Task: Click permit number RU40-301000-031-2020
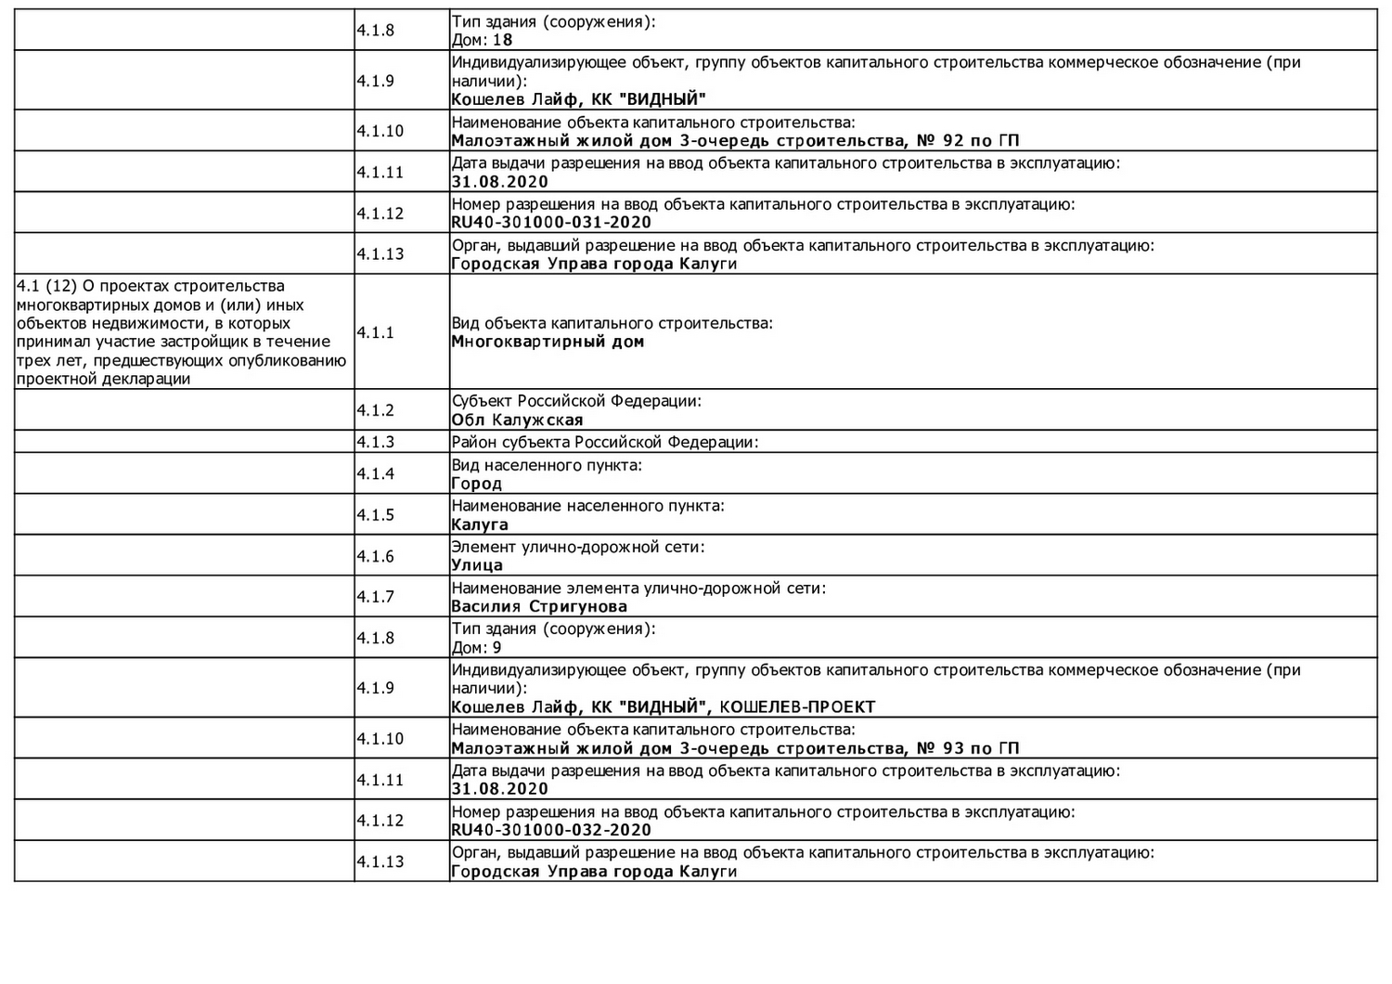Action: tap(551, 223)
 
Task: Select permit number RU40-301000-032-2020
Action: tap(551, 830)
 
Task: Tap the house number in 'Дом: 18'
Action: tap(502, 40)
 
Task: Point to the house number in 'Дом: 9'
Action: tap(497, 648)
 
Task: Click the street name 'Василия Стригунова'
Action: tap(539, 607)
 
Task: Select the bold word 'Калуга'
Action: tap(480, 524)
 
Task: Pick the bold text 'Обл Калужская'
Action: tap(517, 420)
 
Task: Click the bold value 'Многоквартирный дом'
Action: tap(548, 342)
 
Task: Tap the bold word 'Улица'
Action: tap(477, 565)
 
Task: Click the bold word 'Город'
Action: tap(477, 484)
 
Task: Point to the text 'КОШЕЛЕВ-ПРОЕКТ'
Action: tap(797, 707)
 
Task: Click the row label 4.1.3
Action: tap(375, 442)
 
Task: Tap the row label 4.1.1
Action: tap(375, 332)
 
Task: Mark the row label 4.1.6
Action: tap(375, 556)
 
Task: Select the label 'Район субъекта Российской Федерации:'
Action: tap(605, 442)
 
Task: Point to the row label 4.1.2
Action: tap(375, 410)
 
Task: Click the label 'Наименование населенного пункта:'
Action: tap(587, 506)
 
